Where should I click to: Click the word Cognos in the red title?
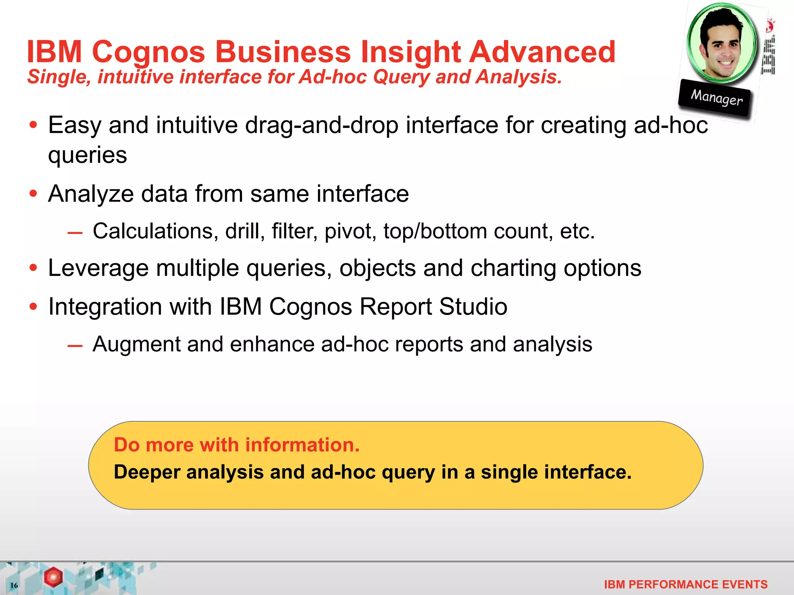tap(148, 52)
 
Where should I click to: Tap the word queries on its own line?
tap(87, 155)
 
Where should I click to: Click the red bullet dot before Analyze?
tap(33, 193)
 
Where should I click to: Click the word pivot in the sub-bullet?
tap(350, 231)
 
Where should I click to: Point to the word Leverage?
tap(98, 268)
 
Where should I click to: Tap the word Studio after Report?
tap(473, 306)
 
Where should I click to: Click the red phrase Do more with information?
tap(236, 445)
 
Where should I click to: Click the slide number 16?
tap(14, 585)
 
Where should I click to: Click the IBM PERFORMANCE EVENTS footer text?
tap(685, 584)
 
